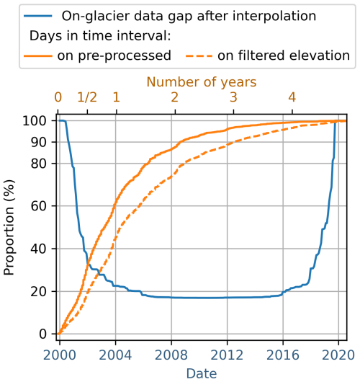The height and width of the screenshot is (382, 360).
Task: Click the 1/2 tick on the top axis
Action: click(87, 97)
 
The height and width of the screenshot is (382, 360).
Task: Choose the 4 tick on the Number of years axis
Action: click(292, 97)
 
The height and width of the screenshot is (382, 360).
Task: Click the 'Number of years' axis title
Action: click(202, 81)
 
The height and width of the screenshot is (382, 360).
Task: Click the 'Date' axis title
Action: click(202, 372)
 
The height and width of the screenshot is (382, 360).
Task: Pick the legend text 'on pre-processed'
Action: click(117, 55)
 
